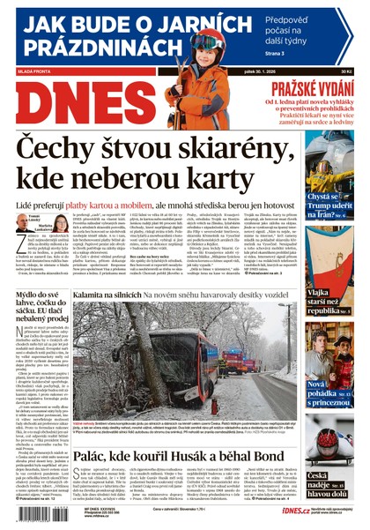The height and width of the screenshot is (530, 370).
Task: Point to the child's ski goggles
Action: (x=204, y=41)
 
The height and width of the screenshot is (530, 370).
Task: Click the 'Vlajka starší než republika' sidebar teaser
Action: (x=326, y=285)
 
